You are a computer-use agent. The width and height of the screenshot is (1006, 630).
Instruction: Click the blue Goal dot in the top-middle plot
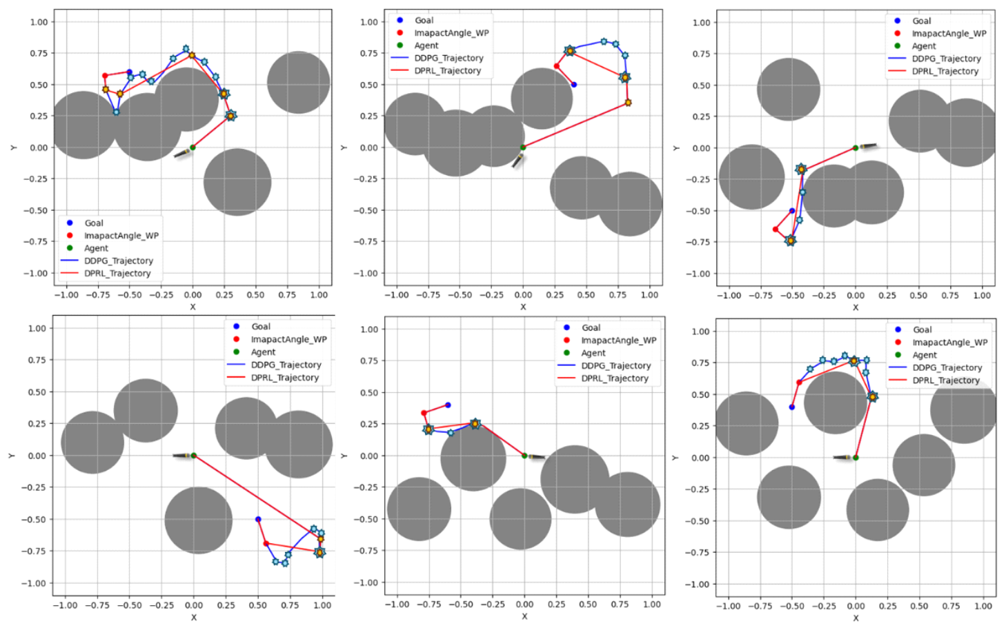coord(574,85)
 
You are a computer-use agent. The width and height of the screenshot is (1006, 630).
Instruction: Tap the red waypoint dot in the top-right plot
coord(776,230)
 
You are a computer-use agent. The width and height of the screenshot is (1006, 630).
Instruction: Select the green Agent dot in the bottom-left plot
coord(193,456)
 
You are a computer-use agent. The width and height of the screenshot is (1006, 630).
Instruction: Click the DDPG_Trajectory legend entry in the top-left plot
coord(118,261)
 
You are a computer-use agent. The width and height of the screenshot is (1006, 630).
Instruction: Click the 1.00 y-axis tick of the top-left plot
coord(39,22)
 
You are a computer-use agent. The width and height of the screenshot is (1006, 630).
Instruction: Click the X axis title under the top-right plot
coord(856,307)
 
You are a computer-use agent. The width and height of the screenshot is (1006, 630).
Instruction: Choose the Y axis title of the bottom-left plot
coord(12,456)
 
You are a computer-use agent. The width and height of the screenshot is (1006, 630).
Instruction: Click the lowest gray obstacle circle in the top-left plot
coord(237,183)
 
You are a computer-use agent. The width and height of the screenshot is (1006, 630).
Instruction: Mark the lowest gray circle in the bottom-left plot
coord(199,520)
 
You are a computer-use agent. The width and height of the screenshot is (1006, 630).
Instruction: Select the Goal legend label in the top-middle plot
coord(424,21)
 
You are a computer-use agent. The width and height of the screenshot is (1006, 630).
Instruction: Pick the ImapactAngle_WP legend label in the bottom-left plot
coord(288,339)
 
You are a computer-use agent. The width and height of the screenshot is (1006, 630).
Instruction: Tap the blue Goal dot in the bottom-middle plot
coord(448,405)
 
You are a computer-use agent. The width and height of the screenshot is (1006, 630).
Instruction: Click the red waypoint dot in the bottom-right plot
coord(800,383)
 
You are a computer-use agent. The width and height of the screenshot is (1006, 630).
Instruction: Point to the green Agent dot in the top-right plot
coord(856,148)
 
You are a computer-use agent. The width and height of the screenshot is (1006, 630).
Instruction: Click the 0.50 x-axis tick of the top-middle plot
coord(586,295)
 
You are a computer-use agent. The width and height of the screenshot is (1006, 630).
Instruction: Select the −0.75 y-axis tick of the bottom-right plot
coord(700,553)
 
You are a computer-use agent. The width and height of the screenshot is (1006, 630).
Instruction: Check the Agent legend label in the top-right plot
coord(924,46)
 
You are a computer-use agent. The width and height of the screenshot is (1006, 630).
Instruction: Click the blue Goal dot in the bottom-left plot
coord(258,519)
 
